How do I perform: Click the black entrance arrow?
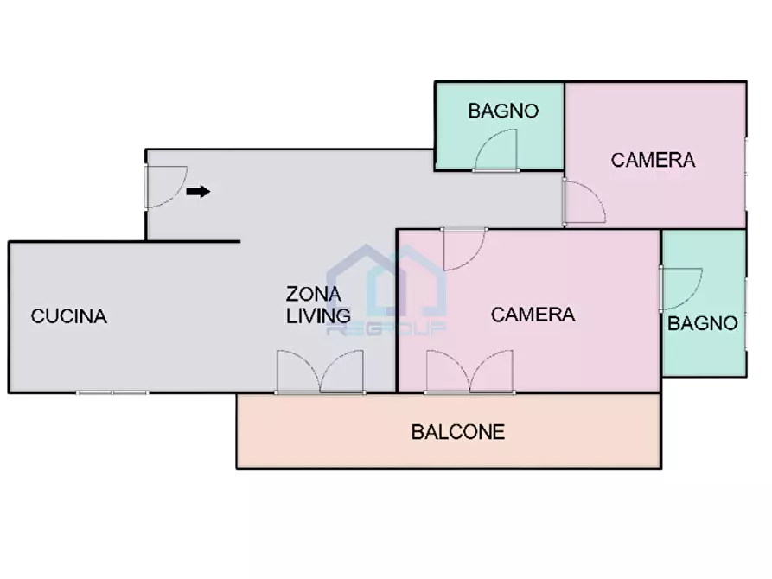point(198,192)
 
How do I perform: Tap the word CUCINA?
point(69,316)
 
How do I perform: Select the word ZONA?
point(313,292)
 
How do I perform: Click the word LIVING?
point(318,315)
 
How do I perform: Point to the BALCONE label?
point(457,432)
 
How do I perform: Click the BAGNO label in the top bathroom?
point(503,111)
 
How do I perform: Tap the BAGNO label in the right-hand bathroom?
point(703,323)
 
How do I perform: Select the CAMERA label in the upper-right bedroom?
point(653,160)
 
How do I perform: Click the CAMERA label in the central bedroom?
point(533,315)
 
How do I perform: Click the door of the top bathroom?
point(495,151)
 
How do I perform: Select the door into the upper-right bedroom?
point(584,202)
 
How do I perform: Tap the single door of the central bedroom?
point(464,249)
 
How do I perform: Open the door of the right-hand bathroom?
point(680,288)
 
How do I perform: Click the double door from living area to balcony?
point(319,372)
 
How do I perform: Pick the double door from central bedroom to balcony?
point(469,372)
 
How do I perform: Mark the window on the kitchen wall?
point(112,393)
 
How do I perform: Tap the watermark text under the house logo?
point(386,328)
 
